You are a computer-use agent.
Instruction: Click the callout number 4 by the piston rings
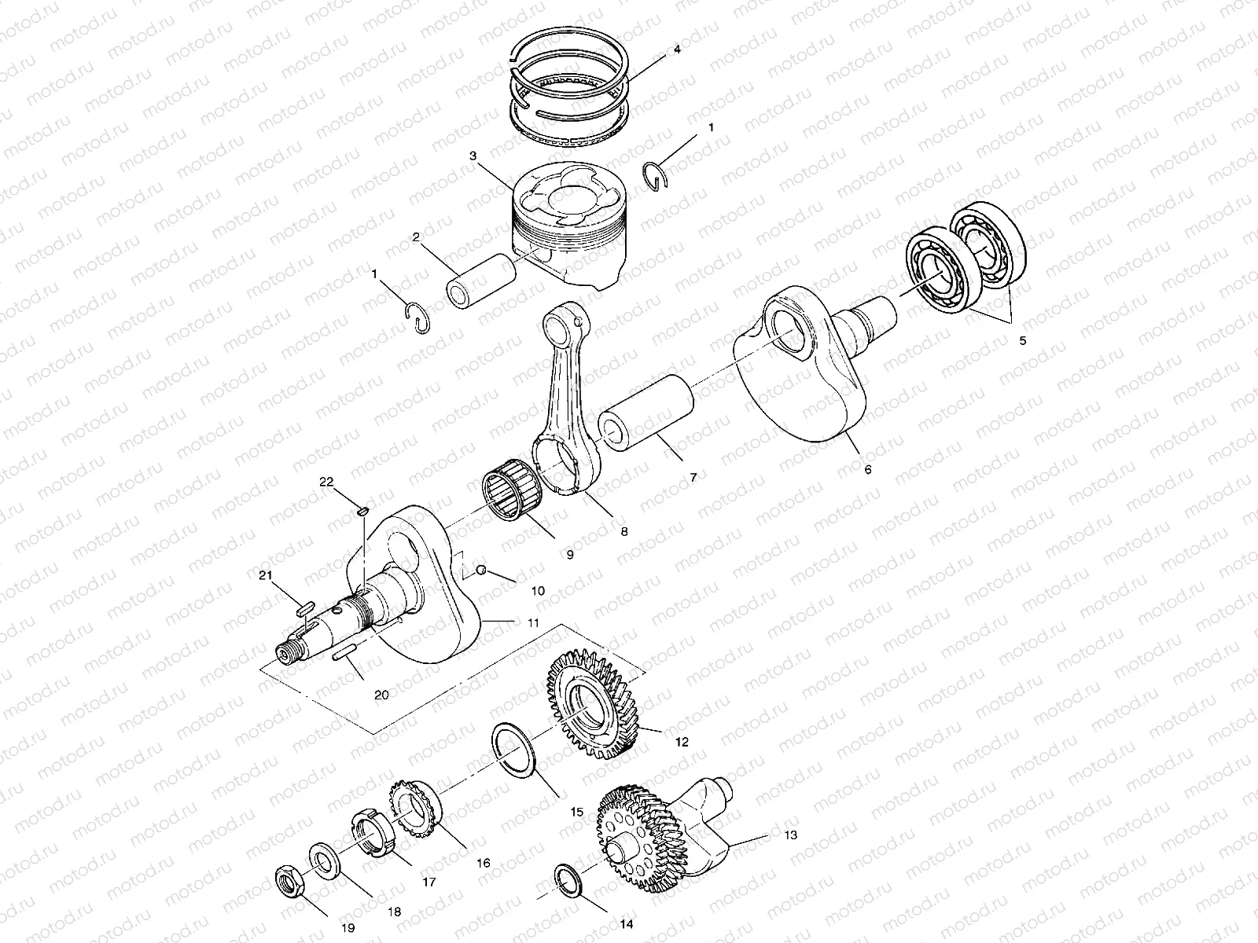(x=677, y=50)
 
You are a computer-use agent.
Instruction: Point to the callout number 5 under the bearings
(x=1021, y=341)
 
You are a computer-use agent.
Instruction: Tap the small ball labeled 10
(x=483, y=571)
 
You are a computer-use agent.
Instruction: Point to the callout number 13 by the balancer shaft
(x=790, y=835)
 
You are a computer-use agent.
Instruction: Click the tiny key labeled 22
(x=362, y=512)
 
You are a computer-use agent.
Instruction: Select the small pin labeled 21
(x=305, y=607)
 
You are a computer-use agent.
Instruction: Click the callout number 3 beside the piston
(x=473, y=156)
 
